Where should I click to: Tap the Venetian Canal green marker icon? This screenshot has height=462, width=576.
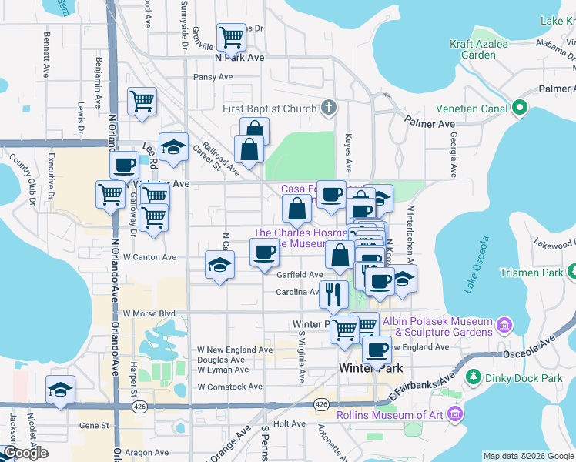[x=520, y=109]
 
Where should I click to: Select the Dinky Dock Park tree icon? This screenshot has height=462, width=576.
[x=472, y=378]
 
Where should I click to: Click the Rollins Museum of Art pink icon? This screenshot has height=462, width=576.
[x=454, y=416]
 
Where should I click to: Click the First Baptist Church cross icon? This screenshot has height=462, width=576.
[x=329, y=108]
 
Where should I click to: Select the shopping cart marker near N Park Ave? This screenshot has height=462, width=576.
[x=231, y=35]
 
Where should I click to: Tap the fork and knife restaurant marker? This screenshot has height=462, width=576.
[x=333, y=293]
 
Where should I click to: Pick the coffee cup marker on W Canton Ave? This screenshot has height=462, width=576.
[x=265, y=252]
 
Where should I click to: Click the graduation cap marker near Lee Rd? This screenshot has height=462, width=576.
[x=174, y=146]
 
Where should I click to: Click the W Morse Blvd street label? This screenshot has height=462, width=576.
[x=149, y=313]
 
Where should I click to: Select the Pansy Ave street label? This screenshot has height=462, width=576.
[x=213, y=77]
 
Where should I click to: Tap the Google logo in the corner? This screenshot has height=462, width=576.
[x=25, y=453]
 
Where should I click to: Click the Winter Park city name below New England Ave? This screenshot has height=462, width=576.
[x=367, y=369]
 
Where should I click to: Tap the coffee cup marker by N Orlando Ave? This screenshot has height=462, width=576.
[x=123, y=164]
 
